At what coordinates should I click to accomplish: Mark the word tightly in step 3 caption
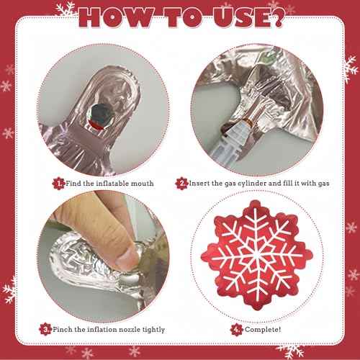pos(158,330)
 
